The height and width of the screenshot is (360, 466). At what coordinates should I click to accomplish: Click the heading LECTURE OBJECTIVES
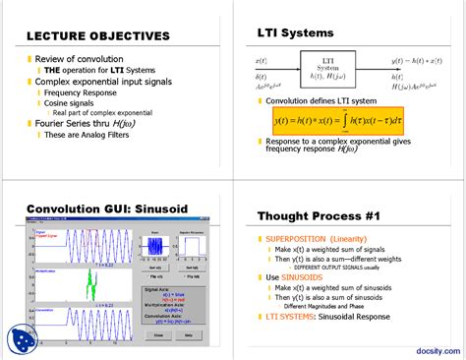point(97,36)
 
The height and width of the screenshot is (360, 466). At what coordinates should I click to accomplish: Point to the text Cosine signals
point(73,103)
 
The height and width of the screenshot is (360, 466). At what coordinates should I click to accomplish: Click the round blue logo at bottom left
point(23,338)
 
